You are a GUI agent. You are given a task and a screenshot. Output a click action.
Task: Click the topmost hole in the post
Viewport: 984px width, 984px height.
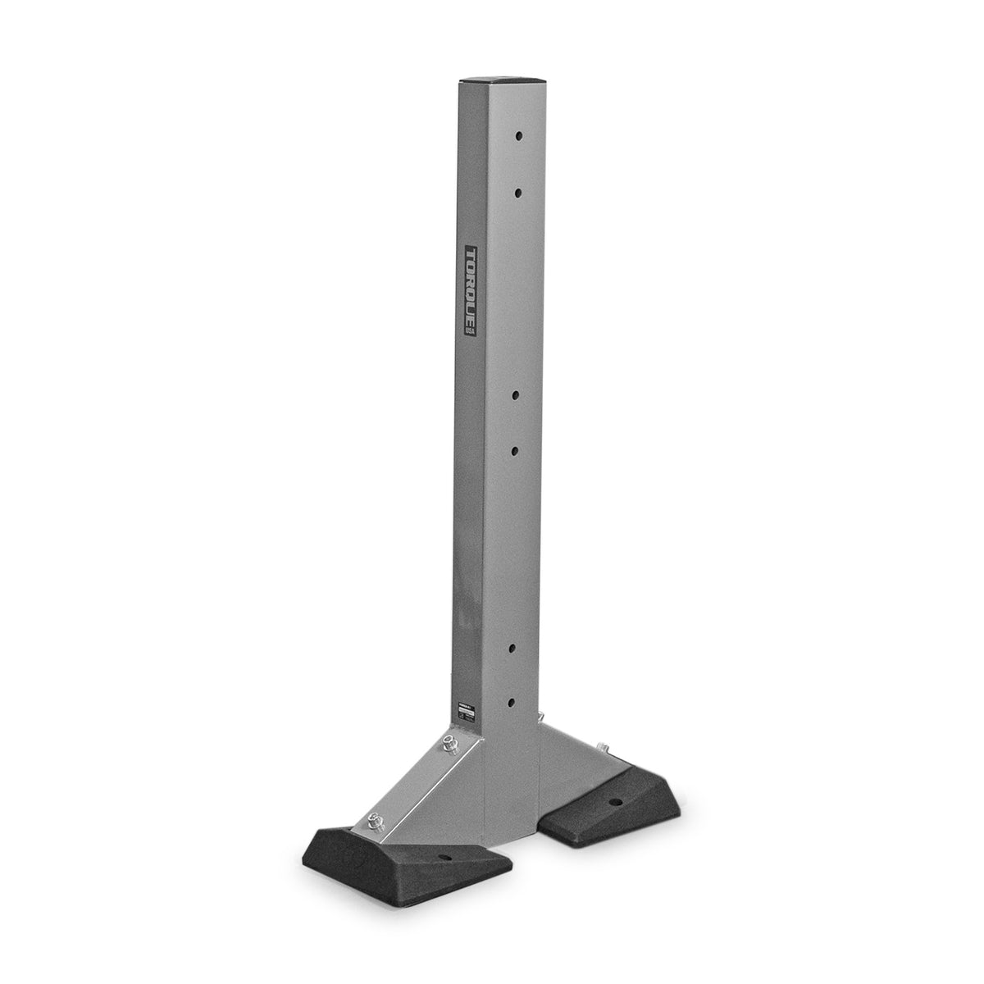pyautogui.click(x=519, y=134)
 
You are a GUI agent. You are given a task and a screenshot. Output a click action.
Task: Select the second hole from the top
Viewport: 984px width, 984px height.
pyautogui.click(x=519, y=190)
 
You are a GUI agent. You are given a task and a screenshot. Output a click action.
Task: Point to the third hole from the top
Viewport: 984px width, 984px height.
pyautogui.click(x=516, y=394)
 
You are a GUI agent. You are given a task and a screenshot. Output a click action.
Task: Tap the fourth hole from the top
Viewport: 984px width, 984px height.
pyautogui.click(x=516, y=450)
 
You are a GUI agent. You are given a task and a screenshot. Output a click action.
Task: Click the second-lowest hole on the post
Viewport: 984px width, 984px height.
pyautogui.click(x=512, y=647)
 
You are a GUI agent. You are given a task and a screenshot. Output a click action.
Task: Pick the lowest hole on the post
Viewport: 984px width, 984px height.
pyautogui.click(x=512, y=702)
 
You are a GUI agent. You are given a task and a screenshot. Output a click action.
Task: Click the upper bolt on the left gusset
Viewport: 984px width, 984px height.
pyautogui.click(x=450, y=745)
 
